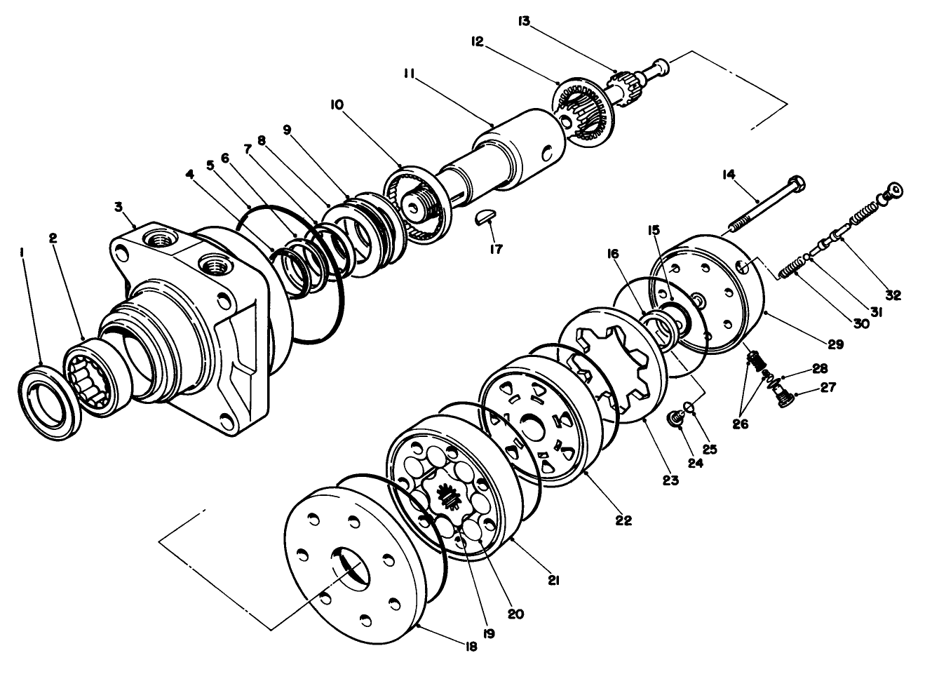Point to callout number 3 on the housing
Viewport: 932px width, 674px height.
[119, 207]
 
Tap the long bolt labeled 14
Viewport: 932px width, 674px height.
[764, 203]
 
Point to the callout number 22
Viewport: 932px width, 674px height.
[623, 520]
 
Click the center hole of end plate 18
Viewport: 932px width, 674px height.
[349, 569]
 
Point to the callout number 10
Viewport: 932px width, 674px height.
[337, 105]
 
